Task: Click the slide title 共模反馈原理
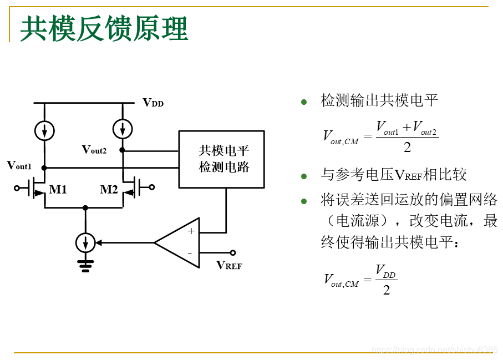coord(104,29)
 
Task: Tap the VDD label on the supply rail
coord(153,103)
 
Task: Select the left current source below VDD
coord(44,130)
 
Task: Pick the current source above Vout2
coord(122,129)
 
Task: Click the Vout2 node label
coord(94,149)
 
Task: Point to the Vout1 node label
coord(19,165)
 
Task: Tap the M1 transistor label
coord(58,190)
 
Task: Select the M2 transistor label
coord(109,190)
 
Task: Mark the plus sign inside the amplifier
coord(191,231)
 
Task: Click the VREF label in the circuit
coord(229,265)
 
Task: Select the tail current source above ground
coord(85,242)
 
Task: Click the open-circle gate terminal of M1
coord(17,187)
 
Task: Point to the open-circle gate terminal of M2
coord(152,187)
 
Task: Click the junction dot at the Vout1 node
coord(44,167)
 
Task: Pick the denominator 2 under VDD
coord(387,290)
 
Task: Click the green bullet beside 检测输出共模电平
coord(303,102)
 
